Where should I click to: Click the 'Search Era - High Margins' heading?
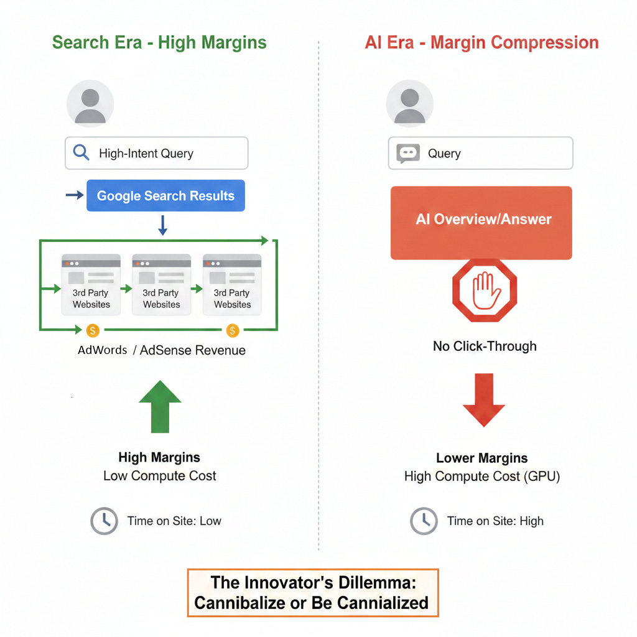pos(159,43)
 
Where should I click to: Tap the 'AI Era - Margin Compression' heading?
pos(481,43)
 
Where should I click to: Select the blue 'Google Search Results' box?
pos(165,196)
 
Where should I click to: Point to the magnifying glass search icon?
pos(81,153)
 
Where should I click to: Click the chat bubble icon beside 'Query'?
pos(408,154)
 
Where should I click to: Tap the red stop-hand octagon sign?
pos(485,291)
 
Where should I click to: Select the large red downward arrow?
pos(484,399)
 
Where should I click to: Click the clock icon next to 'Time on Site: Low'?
pos(104,521)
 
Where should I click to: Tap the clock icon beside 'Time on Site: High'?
pos(424,521)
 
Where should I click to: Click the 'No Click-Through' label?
pos(485,346)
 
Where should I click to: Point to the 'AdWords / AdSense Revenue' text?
pos(162,350)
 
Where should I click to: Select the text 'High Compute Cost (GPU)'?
pos(482,477)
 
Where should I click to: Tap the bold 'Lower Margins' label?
pos(482,458)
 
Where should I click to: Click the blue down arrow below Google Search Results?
pos(163,225)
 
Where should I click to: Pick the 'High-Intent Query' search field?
pos(157,153)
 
